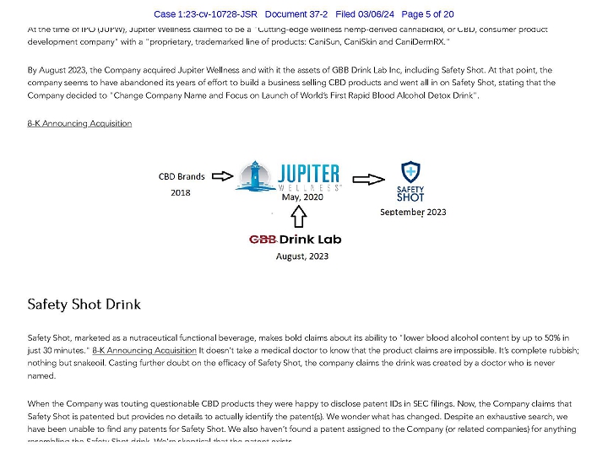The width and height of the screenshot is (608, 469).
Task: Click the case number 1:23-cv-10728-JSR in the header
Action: [205, 14]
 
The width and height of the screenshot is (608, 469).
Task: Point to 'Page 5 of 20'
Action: [427, 14]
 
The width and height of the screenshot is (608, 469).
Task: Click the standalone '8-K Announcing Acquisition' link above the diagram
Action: [79, 123]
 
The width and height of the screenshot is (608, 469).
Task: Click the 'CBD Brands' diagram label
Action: [182, 177]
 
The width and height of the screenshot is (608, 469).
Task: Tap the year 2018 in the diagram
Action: [181, 192]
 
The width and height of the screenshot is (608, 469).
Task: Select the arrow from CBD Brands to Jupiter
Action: [221, 176]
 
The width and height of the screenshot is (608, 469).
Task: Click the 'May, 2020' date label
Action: [301, 197]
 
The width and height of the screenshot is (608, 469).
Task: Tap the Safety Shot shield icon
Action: [410, 172]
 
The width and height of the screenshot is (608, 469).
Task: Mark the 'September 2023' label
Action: [413, 212]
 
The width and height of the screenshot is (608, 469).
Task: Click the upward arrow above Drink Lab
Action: [298, 218]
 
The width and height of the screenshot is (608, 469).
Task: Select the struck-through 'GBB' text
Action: [263, 240]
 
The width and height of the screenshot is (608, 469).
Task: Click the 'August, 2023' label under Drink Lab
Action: [302, 256]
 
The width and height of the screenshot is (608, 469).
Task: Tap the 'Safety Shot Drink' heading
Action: [84, 304]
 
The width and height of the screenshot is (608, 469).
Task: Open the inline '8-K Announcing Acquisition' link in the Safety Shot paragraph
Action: [144, 349]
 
